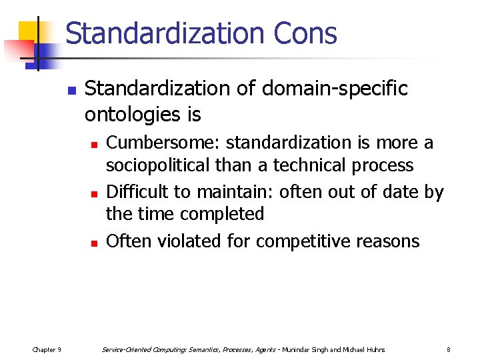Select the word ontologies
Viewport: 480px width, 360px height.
point(131,115)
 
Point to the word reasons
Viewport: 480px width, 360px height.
point(390,241)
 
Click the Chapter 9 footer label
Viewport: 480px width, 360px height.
point(47,349)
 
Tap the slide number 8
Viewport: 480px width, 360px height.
point(449,349)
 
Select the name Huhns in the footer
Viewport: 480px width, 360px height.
point(373,349)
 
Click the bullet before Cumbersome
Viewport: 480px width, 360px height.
point(95,144)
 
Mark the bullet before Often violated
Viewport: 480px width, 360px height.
point(95,243)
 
